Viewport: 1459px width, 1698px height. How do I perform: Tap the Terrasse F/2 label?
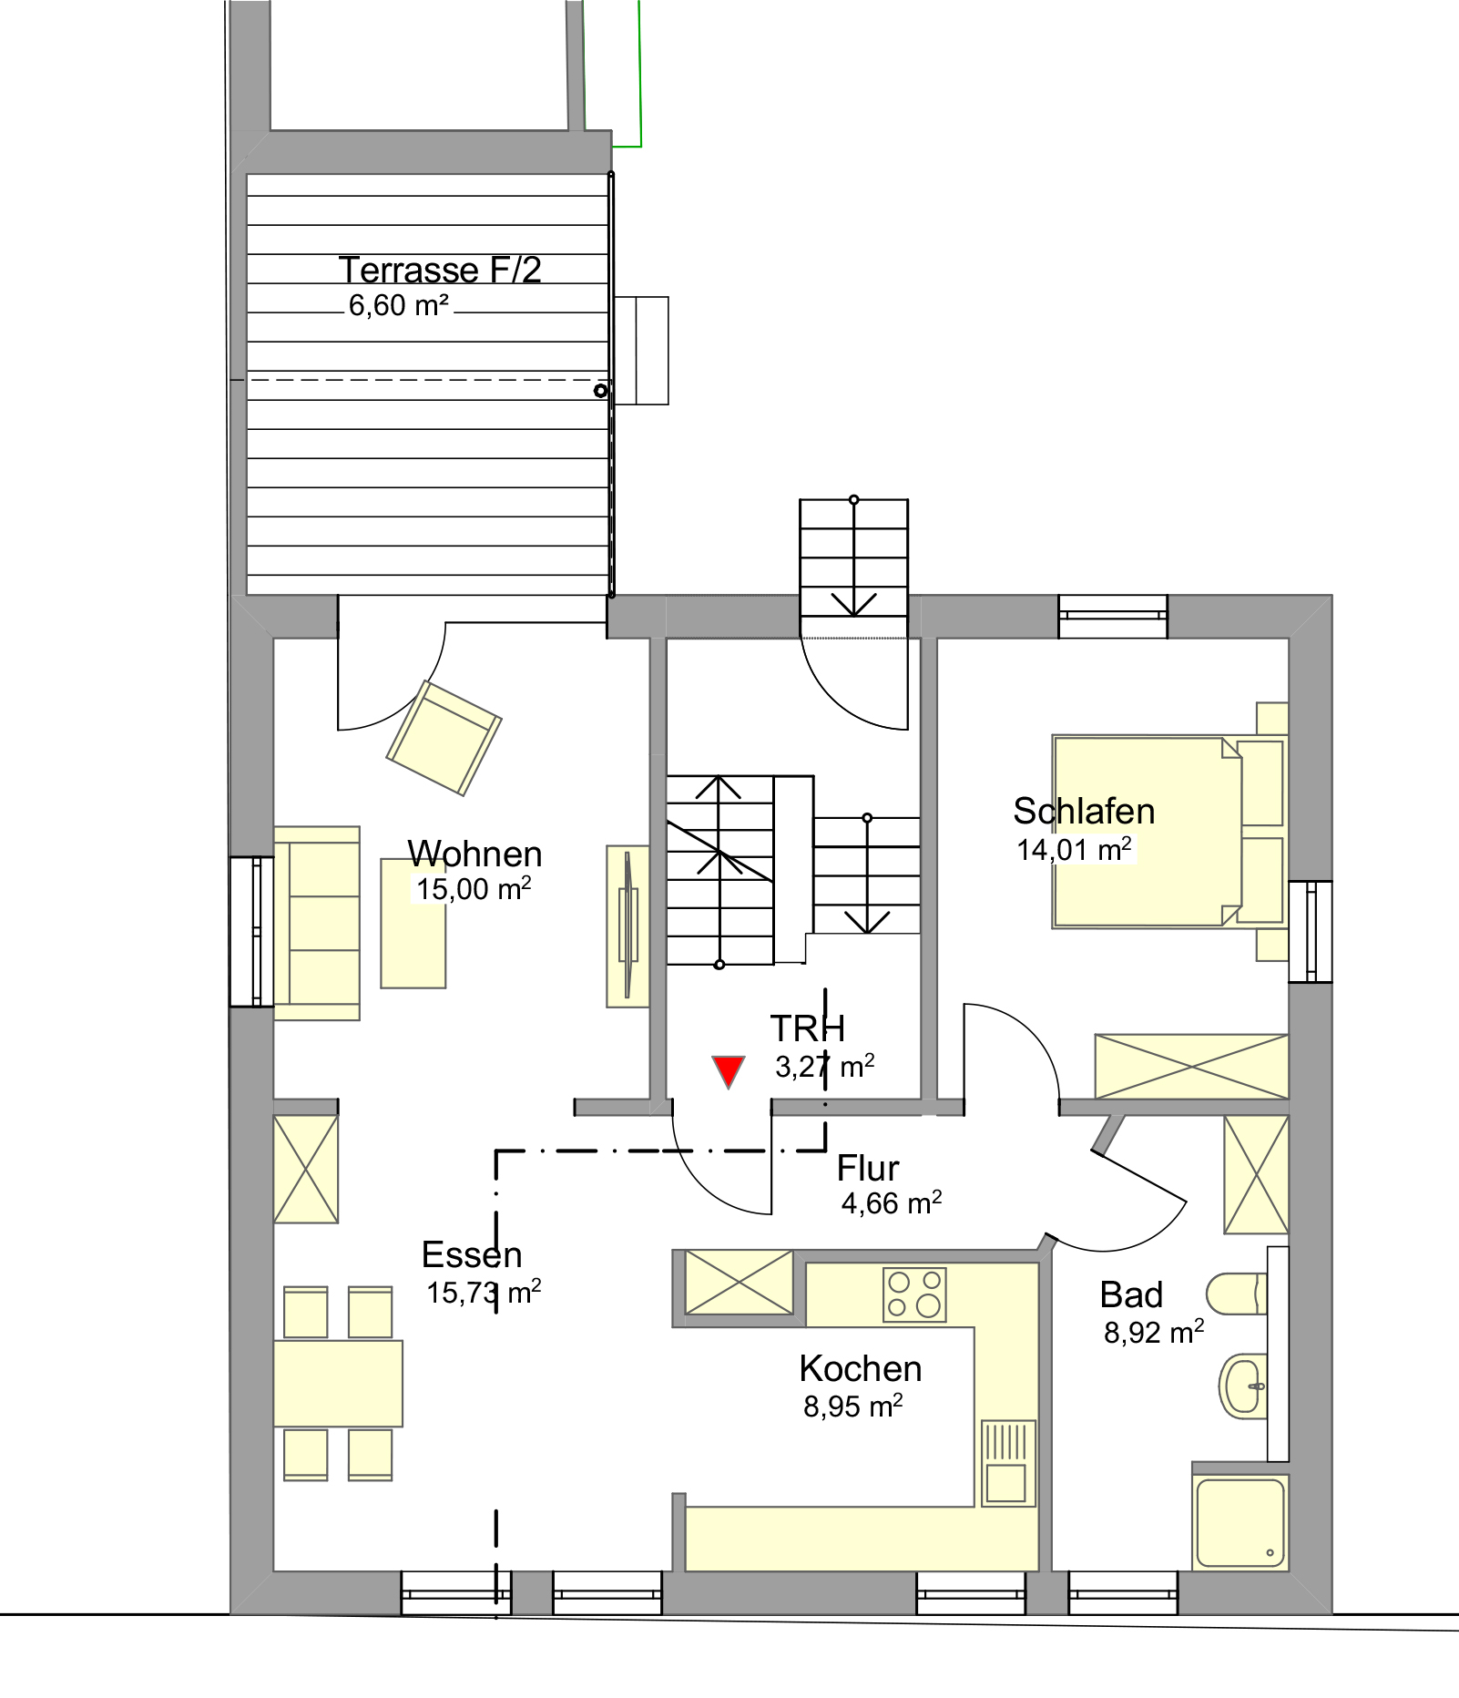(x=440, y=270)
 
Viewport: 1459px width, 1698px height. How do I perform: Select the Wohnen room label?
(x=474, y=854)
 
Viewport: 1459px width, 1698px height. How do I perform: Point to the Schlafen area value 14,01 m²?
(x=1074, y=849)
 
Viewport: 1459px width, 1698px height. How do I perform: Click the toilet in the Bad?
(x=1236, y=1294)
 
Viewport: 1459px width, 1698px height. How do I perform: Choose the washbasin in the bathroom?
(x=1242, y=1386)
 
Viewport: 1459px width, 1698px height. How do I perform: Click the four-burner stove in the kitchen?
(x=914, y=1294)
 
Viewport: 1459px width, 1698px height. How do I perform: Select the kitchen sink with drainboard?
(x=1008, y=1462)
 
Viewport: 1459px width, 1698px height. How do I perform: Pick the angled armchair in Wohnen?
(x=444, y=738)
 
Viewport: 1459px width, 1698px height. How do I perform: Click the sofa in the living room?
(x=317, y=923)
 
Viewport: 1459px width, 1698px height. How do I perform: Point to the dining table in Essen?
(x=338, y=1383)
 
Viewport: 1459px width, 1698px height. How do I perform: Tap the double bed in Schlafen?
(x=1147, y=832)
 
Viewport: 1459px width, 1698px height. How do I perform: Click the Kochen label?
(x=861, y=1369)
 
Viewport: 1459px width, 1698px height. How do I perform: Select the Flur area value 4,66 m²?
(x=892, y=1203)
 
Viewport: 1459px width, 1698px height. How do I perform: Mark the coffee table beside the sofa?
(x=413, y=923)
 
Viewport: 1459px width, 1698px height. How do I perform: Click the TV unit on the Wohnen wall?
(x=627, y=926)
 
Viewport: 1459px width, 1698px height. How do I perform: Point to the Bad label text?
(x=1131, y=1294)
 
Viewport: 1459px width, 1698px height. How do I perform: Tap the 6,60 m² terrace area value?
(x=399, y=306)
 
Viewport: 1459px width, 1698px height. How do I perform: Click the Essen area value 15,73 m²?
(x=484, y=1293)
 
